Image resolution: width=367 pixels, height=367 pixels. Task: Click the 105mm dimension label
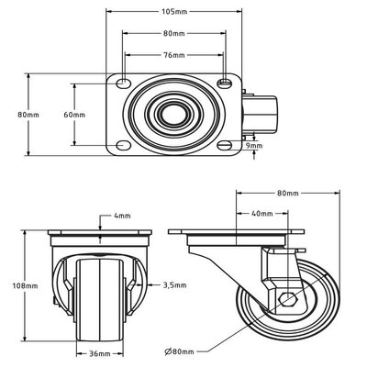[173, 12]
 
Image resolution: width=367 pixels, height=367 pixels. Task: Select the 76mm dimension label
[173, 55]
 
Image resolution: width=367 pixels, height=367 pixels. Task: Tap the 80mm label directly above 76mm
[173, 33]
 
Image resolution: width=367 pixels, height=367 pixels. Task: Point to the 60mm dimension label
[74, 115]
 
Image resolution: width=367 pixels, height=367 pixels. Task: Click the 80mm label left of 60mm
[28, 115]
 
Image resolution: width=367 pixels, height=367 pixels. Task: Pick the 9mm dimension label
[254, 146]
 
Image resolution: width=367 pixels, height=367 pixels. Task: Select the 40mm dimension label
[261, 214]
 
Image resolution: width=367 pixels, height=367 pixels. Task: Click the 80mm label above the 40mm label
[288, 194]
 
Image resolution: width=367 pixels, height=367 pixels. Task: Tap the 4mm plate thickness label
[122, 216]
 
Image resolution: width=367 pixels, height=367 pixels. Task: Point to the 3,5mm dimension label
[174, 285]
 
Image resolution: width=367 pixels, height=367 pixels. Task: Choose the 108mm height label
[25, 286]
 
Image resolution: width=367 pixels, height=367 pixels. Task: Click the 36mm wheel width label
[100, 354]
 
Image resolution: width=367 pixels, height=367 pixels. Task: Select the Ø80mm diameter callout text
[179, 351]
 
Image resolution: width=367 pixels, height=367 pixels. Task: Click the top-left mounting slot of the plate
[123, 83]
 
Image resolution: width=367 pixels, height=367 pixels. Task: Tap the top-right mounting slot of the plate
[225, 83]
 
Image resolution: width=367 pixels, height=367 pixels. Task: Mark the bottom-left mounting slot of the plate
[123, 145]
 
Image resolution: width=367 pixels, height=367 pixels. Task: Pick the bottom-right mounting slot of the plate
[225, 145]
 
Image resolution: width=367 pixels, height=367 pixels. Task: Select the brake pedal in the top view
[260, 115]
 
